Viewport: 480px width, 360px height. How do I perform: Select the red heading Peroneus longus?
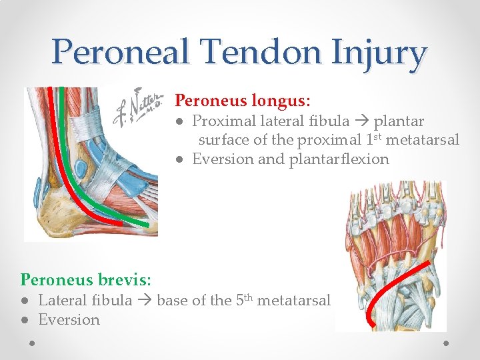point(242,101)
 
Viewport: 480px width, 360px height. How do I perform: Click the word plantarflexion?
point(339,159)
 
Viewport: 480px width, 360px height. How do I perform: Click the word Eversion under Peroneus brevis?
point(69,319)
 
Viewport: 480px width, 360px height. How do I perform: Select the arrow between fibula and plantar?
point(361,121)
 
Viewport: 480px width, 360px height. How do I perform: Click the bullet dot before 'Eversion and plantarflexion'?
point(181,159)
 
